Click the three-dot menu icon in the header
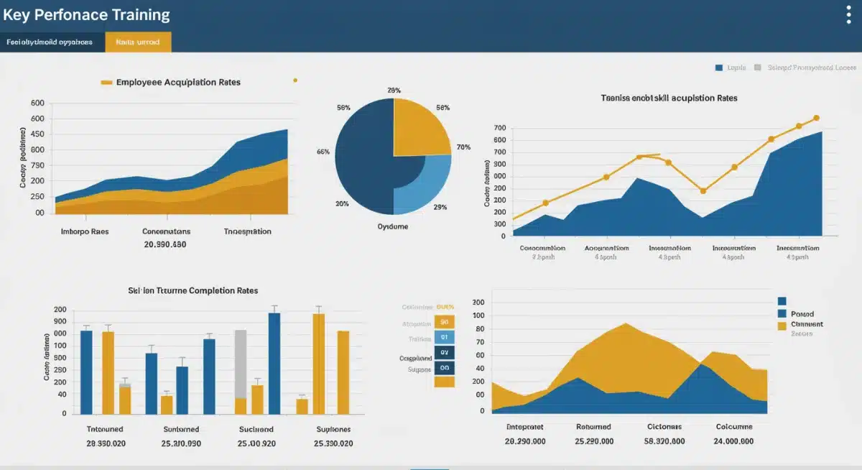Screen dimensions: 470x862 click(x=848, y=15)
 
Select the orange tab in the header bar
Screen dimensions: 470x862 click(x=138, y=42)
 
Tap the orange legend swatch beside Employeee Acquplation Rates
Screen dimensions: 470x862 click(x=106, y=83)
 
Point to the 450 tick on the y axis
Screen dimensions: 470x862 click(x=37, y=134)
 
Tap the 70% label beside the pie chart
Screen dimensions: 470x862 click(x=463, y=147)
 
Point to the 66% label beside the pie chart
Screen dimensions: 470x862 click(x=323, y=152)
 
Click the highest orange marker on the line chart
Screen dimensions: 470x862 click(x=816, y=118)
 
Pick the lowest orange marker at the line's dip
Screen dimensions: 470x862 click(x=703, y=191)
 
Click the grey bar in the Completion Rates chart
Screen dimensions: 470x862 click(x=241, y=363)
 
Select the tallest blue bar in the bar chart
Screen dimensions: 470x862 click(x=274, y=363)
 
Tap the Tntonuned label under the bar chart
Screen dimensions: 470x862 click(x=105, y=429)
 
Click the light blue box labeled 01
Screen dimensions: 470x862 click(x=444, y=337)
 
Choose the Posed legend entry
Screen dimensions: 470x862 click(x=802, y=314)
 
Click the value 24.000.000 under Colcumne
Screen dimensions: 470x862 click(x=733, y=441)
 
